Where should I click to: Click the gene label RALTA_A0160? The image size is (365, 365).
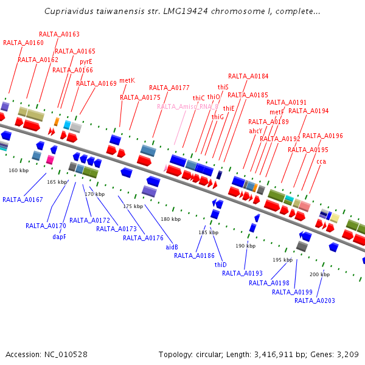coord(23,43)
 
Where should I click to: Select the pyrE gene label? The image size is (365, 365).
coord(86,61)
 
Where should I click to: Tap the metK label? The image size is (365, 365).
coord(127,80)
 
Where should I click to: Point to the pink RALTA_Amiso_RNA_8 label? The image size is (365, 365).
coord(187,106)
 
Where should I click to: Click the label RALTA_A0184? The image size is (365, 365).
coord(248,77)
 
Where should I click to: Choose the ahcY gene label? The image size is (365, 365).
coord(255,131)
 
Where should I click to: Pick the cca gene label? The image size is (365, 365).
coord(321,161)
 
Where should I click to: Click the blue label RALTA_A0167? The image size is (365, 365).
coord(23,200)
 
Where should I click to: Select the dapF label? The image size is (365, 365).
coord(59,237)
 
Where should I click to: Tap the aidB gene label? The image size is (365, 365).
coord(172,247)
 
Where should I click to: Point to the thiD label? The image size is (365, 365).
coord(220,265)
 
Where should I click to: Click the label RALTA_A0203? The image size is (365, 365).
coord(315,301)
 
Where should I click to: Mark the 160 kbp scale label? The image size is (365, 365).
coord(18,170)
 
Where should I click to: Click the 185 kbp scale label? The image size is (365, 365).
coord(208,232)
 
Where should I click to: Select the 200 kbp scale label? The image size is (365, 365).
coord(319,274)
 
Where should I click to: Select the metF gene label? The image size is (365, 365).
coord(277,112)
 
